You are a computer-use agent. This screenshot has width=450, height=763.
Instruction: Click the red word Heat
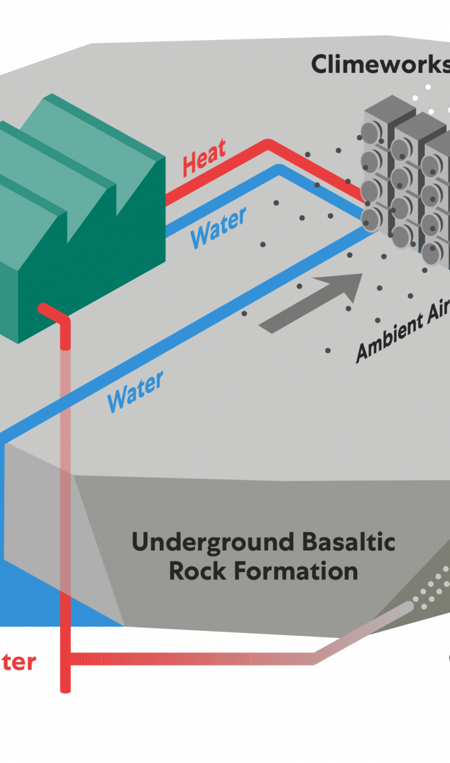tap(204, 158)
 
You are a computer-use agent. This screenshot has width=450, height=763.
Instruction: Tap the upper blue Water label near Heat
tap(218, 228)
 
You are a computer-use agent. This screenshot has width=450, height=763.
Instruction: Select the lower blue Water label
tap(135, 392)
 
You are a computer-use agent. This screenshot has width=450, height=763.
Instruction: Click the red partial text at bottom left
tap(18, 662)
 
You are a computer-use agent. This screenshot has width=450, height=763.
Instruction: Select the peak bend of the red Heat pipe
tap(268, 143)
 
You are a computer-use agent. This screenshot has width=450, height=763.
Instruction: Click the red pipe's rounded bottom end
tap(66, 689)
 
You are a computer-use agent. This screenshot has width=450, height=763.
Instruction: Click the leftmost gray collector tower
tap(377, 170)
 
